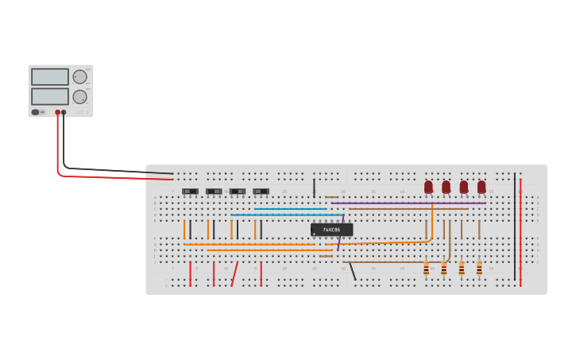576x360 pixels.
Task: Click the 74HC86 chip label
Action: [332, 230]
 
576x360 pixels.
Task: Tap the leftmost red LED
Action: [428, 187]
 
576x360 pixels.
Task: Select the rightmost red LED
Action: [481, 187]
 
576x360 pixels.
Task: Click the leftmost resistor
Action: [426, 269]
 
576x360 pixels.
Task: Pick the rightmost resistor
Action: [479, 269]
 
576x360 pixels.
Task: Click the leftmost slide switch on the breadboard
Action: [190, 192]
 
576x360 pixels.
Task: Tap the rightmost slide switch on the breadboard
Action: [261, 192]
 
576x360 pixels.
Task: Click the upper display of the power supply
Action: [50, 77]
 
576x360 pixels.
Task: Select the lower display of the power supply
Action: [50, 96]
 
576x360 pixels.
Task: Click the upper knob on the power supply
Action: [79, 77]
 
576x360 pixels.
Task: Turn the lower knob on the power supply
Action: [79, 97]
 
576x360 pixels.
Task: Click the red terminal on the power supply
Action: [57, 113]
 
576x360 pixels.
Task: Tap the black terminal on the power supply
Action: [64, 113]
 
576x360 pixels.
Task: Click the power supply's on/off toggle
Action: [37, 112]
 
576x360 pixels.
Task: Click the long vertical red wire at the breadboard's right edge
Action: [520, 230]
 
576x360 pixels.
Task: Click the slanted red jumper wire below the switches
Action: [234, 274]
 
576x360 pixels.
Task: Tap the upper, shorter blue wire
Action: [290, 209]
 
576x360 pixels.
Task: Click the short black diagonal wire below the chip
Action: [353, 271]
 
